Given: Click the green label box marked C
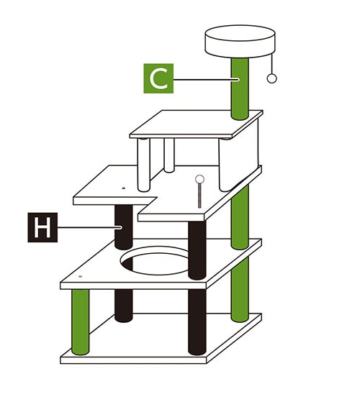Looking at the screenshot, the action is [158, 78].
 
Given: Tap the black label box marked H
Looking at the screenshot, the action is [42, 227].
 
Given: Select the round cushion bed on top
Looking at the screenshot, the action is [240, 41].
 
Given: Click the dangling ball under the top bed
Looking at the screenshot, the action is [271, 78].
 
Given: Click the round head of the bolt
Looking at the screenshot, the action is [199, 179].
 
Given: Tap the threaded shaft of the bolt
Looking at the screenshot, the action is [199, 196].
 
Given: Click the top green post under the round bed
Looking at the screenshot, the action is [240, 88].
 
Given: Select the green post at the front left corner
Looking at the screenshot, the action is [81, 322].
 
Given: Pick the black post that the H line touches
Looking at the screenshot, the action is [124, 227].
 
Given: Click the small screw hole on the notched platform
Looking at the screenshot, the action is [123, 188].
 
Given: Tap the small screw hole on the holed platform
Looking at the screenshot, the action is [81, 277].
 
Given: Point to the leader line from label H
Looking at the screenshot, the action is [89, 227].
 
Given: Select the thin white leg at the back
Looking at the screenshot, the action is [169, 155].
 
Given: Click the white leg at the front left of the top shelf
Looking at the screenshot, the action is [143, 165].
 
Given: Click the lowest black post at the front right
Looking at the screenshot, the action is [197, 321].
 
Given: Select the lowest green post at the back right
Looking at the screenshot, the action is [240, 290].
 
